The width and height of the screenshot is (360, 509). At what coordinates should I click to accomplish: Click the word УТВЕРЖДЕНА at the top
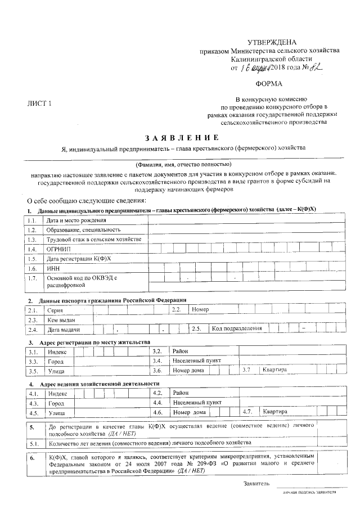(x=272, y=43)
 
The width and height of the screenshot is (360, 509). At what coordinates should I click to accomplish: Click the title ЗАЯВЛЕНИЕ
(x=182, y=137)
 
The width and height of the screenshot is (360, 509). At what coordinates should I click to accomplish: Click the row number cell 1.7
(x=33, y=278)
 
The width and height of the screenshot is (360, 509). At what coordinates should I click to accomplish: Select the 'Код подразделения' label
(x=237, y=328)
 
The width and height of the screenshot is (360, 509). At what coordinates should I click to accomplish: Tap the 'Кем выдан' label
(x=61, y=319)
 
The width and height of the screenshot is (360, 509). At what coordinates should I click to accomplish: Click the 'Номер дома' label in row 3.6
(x=189, y=371)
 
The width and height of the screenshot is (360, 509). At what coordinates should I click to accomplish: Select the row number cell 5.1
(x=33, y=444)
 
